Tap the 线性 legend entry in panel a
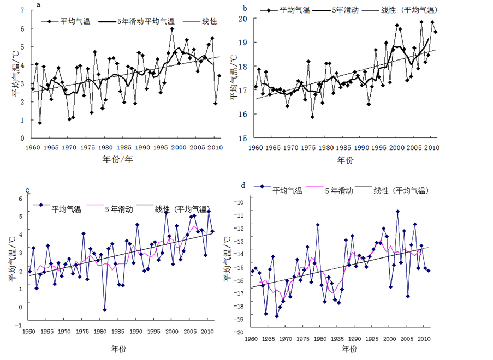coord(209,21)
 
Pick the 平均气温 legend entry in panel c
coord(66,209)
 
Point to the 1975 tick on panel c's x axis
coord(82,331)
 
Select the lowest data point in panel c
coord(104,309)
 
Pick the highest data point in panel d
coord(397,211)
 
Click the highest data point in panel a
coord(172,29)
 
